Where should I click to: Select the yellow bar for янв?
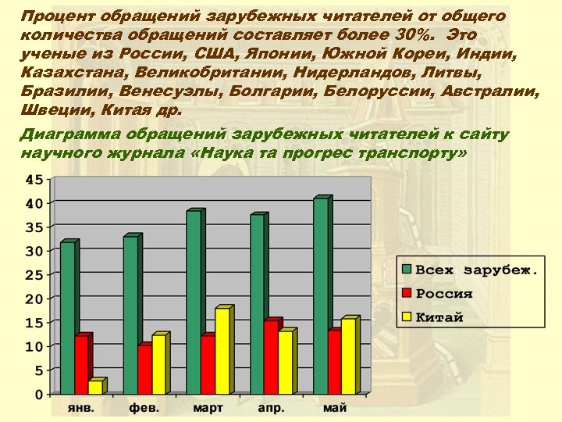[95, 387]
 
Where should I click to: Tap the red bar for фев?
[144, 369]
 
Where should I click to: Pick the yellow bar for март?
[222, 351]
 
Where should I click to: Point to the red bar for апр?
[270, 357]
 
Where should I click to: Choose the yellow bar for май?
[348, 356]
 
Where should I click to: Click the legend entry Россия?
[444, 294]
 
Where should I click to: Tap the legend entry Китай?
[439, 317]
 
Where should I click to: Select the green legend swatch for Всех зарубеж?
[407, 270]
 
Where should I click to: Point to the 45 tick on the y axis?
[34, 179]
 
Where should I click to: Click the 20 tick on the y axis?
[34, 299]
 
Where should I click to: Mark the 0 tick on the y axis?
[38, 394]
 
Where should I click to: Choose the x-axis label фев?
[144, 408]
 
